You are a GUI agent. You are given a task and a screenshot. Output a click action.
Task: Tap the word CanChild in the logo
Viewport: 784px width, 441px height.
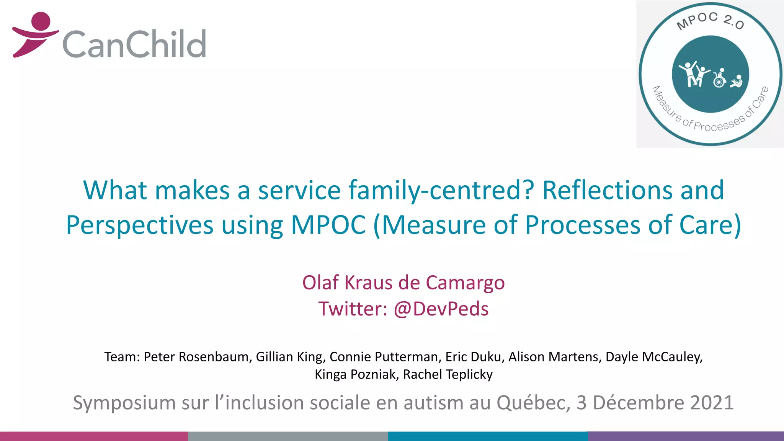pyautogui.click(x=134, y=44)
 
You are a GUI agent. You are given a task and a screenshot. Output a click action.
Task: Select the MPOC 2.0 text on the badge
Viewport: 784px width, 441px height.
pyautogui.click(x=710, y=21)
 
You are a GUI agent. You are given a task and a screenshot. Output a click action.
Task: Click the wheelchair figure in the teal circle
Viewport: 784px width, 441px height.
pyautogui.click(x=719, y=78)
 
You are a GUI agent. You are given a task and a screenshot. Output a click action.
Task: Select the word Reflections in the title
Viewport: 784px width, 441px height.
pyautogui.click(x=607, y=190)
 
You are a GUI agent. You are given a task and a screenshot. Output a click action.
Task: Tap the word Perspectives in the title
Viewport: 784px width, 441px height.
pyautogui.click(x=139, y=225)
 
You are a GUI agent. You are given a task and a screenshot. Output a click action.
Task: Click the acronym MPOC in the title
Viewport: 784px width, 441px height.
pyautogui.click(x=328, y=225)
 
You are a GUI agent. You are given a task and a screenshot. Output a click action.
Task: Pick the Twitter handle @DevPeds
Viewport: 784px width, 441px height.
pyautogui.click(x=441, y=309)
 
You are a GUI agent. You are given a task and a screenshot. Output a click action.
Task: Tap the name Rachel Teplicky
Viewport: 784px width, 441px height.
pyautogui.click(x=448, y=374)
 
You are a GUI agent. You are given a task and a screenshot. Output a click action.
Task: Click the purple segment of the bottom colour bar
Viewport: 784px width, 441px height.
pyautogui.click(x=686, y=436)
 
